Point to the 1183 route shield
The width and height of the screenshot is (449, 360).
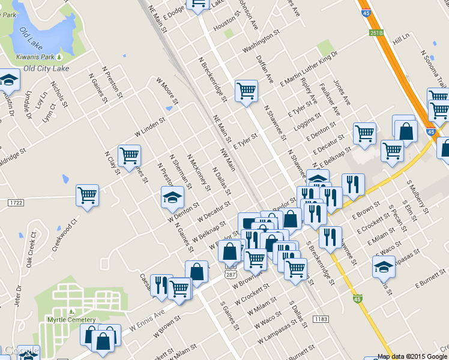[321, 319]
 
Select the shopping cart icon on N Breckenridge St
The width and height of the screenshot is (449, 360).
[246, 91]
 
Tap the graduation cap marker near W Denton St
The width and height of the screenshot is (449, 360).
[172, 197]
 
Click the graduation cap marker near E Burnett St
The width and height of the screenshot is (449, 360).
[384, 266]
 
